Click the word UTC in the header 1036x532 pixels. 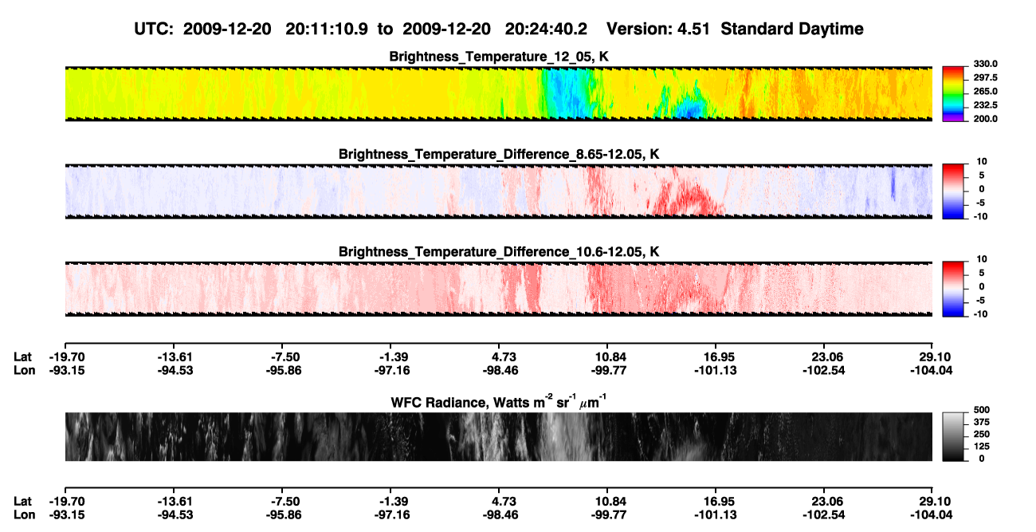(154, 29)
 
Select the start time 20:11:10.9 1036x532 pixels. (327, 29)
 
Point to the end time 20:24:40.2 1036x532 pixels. (546, 29)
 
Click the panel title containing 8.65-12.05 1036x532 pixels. (499, 154)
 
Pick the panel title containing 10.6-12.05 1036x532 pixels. (499, 251)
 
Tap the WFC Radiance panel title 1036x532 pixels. (499, 402)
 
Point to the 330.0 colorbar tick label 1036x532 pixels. (985, 64)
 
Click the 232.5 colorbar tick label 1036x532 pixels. (985, 105)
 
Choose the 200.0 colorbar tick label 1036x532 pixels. (985, 119)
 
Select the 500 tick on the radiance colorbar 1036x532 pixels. (982, 410)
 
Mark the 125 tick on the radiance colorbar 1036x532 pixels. (982, 447)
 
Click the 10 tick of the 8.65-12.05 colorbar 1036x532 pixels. (982, 162)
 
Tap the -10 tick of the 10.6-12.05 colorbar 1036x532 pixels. (979, 314)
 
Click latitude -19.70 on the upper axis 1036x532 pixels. (67, 357)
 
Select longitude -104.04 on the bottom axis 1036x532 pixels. (932, 515)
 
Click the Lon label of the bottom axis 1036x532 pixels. (25, 515)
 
